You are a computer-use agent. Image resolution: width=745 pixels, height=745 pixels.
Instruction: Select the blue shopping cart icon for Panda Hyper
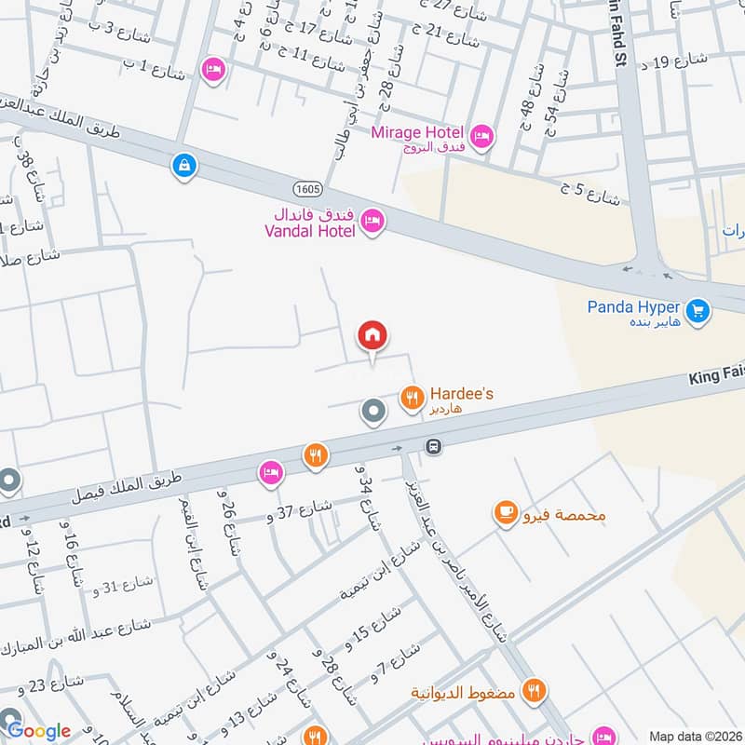pyautogui.click(x=698, y=310)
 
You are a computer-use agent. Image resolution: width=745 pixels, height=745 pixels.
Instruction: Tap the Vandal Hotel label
pyautogui.click(x=308, y=223)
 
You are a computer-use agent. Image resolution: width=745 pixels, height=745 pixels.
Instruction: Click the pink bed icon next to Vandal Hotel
pyautogui.click(x=372, y=221)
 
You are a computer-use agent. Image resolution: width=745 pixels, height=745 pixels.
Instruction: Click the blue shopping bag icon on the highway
pyautogui.click(x=184, y=166)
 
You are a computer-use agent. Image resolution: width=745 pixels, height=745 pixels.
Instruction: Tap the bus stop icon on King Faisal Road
pyautogui.click(x=433, y=446)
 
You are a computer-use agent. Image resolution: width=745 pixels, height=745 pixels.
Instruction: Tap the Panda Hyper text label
pyautogui.click(x=633, y=306)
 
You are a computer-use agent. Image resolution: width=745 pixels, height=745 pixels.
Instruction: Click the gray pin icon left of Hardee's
pyautogui.click(x=373, y=411)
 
